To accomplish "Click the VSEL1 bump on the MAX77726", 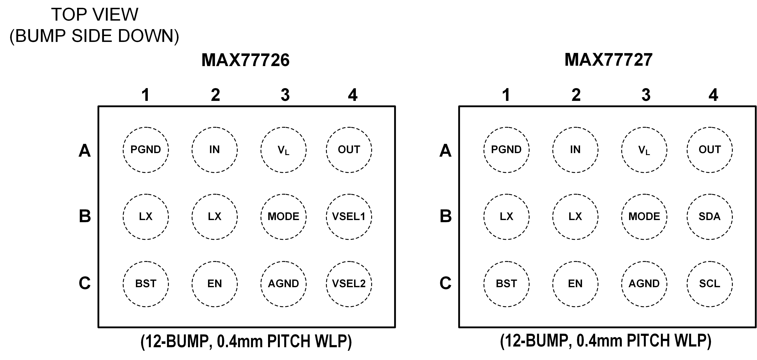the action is (x=349, y=217).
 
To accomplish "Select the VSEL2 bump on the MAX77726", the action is (x=349, y=284).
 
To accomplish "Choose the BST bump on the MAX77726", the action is (x=146, y=284).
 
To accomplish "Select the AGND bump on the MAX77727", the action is (x=644, y=284).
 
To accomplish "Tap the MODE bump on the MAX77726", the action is (x=283, y=217).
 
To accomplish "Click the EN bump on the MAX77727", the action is (x=575, y=284).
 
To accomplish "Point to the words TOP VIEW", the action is (x=95, y=15).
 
